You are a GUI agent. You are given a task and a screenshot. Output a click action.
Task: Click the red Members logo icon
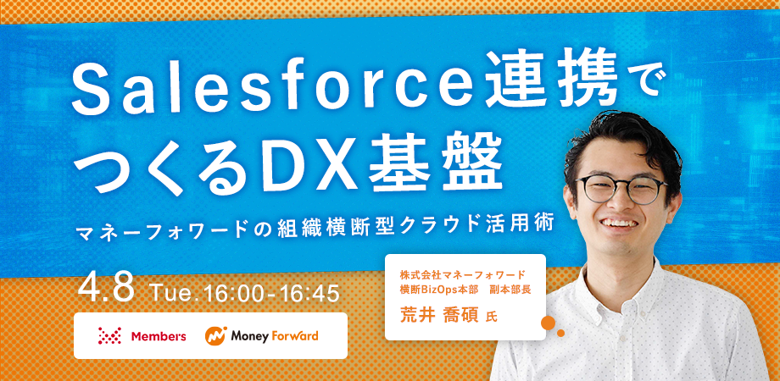[x=110, y=336]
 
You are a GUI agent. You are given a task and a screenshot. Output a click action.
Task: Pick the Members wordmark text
[x=159, y=336]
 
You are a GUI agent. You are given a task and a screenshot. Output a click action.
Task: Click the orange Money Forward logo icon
[x=216, y=336]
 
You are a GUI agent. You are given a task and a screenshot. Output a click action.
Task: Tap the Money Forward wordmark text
[x=274, y=336]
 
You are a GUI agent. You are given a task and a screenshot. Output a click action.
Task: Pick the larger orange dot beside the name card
[x=547, y=323]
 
